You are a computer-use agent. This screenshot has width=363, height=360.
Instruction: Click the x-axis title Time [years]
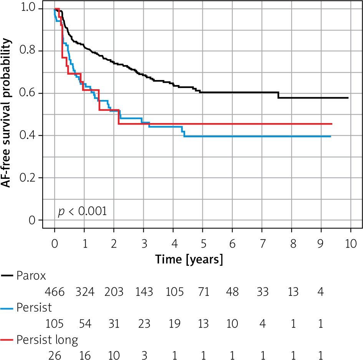tap(189, 259)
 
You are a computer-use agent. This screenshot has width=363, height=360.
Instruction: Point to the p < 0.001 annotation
tap(82, 212)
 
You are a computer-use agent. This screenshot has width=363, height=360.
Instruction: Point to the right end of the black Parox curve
tap(348, 98)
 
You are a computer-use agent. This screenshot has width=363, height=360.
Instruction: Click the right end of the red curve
tap(332, 124)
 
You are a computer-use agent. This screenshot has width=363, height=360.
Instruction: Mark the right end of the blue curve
tap(330, 137)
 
